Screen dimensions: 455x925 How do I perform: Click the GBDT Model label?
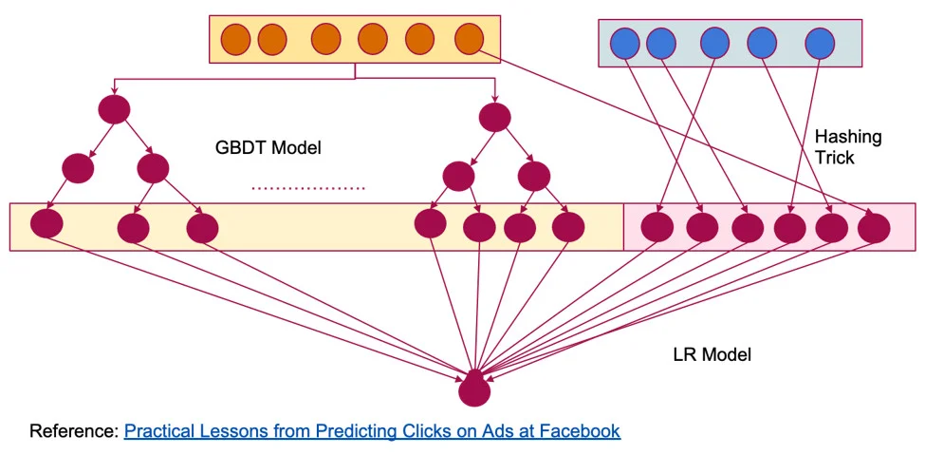click(x=268, y=148)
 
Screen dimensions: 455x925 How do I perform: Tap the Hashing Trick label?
click(x=847, y=146)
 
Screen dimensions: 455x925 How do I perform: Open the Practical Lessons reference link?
click(x=372, y=431)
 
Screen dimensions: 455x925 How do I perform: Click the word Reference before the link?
click(x=73, y=431)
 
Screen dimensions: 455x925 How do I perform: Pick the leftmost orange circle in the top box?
click(x=235, y=39)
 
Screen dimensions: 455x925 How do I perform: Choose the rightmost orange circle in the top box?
click(x=469, y=39)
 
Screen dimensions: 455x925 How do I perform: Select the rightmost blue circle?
click(x=820, y=43)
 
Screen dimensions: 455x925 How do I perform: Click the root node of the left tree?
click(x=115, y=109)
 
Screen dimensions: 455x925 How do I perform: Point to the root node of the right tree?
click(x=494, y=118)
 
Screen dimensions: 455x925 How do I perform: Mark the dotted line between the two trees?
click(x=307, y=189)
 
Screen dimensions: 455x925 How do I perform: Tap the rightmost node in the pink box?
click(x=873, y=228)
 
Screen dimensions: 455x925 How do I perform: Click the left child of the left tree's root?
click(x=78, y=167)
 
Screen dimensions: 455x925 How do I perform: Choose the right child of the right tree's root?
click(x=533, y=176)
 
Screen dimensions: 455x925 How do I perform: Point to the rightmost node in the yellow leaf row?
click(x=567, y=226)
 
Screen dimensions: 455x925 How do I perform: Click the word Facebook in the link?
click(x=580, y=431)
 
